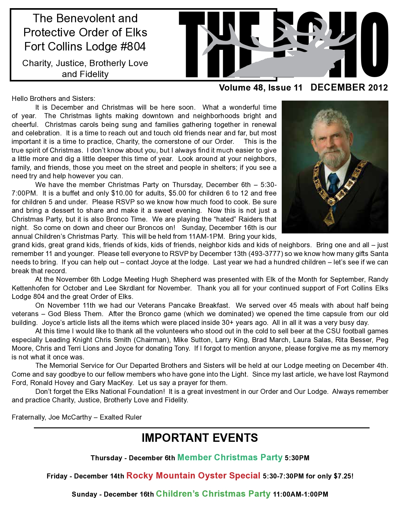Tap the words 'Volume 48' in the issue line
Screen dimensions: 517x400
(x=239, y=88)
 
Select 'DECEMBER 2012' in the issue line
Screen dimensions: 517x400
(x=349, y=87)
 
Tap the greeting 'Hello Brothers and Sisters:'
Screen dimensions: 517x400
(x=53, y=99)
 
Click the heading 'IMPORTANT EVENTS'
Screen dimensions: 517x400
(x=200, y=438)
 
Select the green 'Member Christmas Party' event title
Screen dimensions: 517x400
(x=230, y=457)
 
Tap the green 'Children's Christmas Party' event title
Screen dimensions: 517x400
(x=213, y=494)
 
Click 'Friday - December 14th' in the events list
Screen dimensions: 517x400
(x=85, y=476)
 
